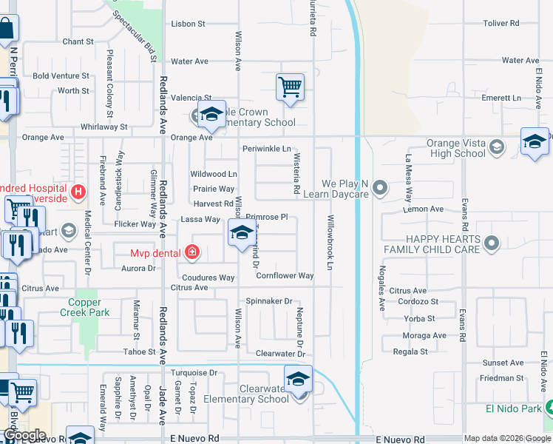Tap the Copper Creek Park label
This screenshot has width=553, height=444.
pos(89,307)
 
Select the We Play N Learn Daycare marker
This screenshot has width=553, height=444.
pos(380,187)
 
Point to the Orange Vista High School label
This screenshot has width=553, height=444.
pos(456,148)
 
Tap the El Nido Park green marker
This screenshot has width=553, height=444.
pos(548,407)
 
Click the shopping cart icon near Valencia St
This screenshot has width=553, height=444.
pos(291,87)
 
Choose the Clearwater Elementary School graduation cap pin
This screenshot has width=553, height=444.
pos(297,379)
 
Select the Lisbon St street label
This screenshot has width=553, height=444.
pos(188,24)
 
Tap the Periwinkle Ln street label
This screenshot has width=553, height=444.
pos(267,149)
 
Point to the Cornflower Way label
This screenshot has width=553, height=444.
pos(285,276)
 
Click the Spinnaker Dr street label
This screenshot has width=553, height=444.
pos(269,301)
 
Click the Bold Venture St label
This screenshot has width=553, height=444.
pos(61,75)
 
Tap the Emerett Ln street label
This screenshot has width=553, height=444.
pos(501,98)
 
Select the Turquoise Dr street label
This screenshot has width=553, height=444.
pos(194,374)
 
